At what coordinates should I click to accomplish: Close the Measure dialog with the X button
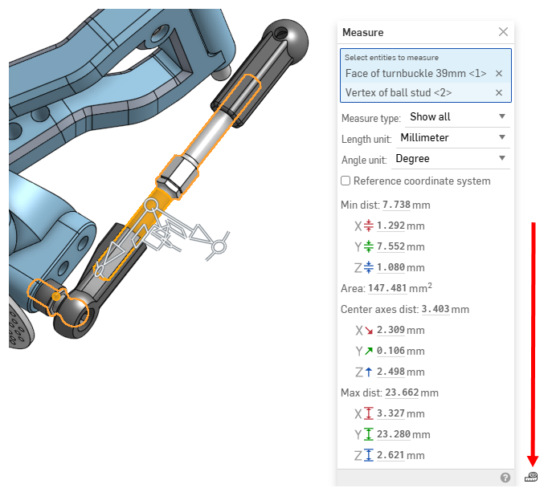click(x=503, y=32)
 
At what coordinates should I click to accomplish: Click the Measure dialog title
click(x=363, y=33)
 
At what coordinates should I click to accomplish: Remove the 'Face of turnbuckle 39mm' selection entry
click(x=498, y=73)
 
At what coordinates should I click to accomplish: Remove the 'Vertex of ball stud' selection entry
click(x=498, y=92)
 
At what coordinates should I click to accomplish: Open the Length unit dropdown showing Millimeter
click(x=454, y=137)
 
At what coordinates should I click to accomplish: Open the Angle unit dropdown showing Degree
click(x=450, y=158)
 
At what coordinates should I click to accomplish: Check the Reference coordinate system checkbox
click(x=346, y=181)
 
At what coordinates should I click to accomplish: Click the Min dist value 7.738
click(x=396, y=205)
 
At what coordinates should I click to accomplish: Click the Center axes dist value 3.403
click(x=435, y=309)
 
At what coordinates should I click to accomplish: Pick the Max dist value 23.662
click(x=401, y=392)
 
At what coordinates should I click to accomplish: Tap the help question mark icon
click(x=505, y=478)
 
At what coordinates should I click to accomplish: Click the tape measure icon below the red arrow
click(x=531, y=477)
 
